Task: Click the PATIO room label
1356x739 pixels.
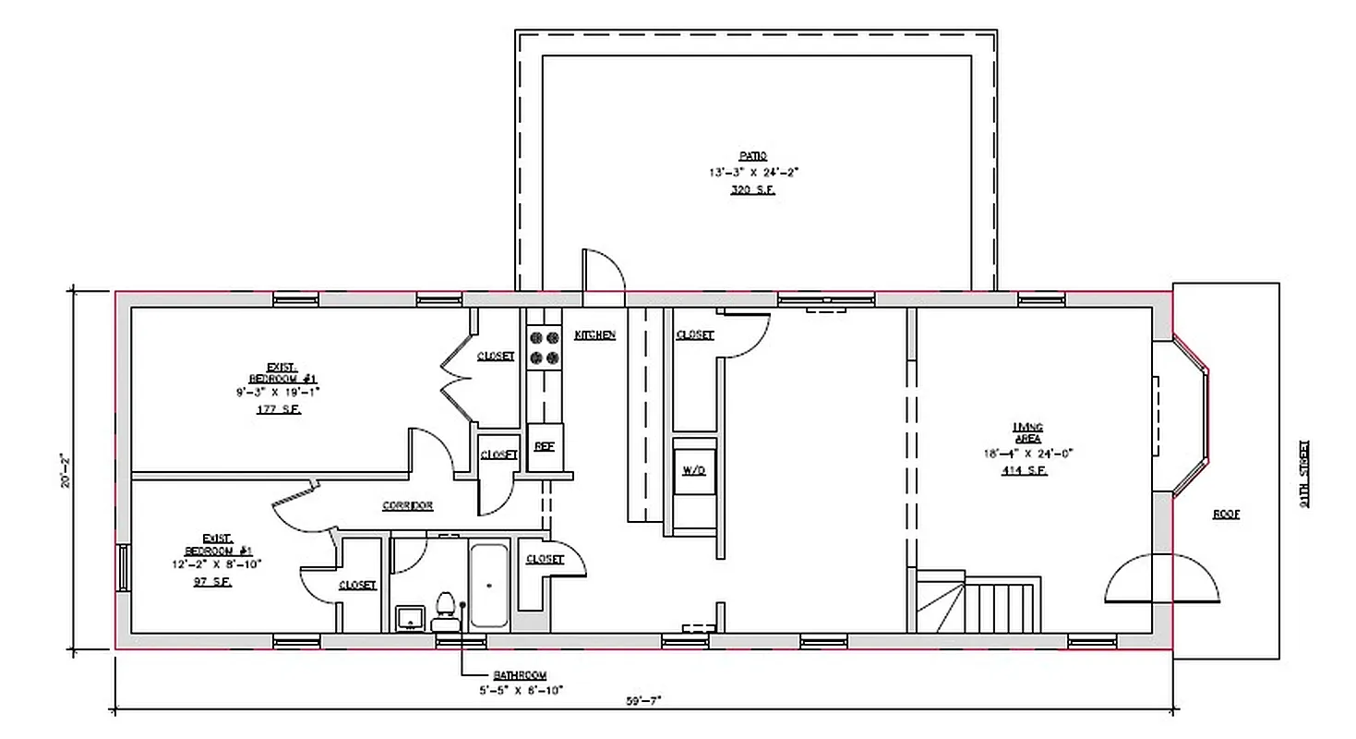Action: pos(751,156)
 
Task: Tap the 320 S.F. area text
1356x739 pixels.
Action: pos(751,189)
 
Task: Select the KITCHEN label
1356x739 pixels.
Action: pos(594,334)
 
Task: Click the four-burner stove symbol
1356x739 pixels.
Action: pos(544,348)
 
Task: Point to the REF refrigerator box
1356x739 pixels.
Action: pos(545,446)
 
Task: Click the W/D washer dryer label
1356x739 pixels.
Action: pos(693,470)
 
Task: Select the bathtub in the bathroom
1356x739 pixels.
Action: pos(488,586)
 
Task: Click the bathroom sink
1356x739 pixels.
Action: pos(409,618)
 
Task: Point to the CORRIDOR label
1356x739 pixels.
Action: pos(407,505)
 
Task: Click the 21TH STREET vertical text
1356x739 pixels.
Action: pos(1303,475)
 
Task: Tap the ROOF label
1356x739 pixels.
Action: pos(1226,515)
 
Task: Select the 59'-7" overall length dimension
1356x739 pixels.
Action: pos(643,700)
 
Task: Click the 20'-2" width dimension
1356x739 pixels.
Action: pos(64,470)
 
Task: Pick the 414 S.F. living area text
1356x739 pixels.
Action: pos(1027,470)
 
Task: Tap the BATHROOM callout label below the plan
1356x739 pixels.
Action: pos(520,675)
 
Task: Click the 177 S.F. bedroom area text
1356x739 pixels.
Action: pos(278,408)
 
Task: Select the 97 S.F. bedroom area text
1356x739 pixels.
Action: pos(213,583)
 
